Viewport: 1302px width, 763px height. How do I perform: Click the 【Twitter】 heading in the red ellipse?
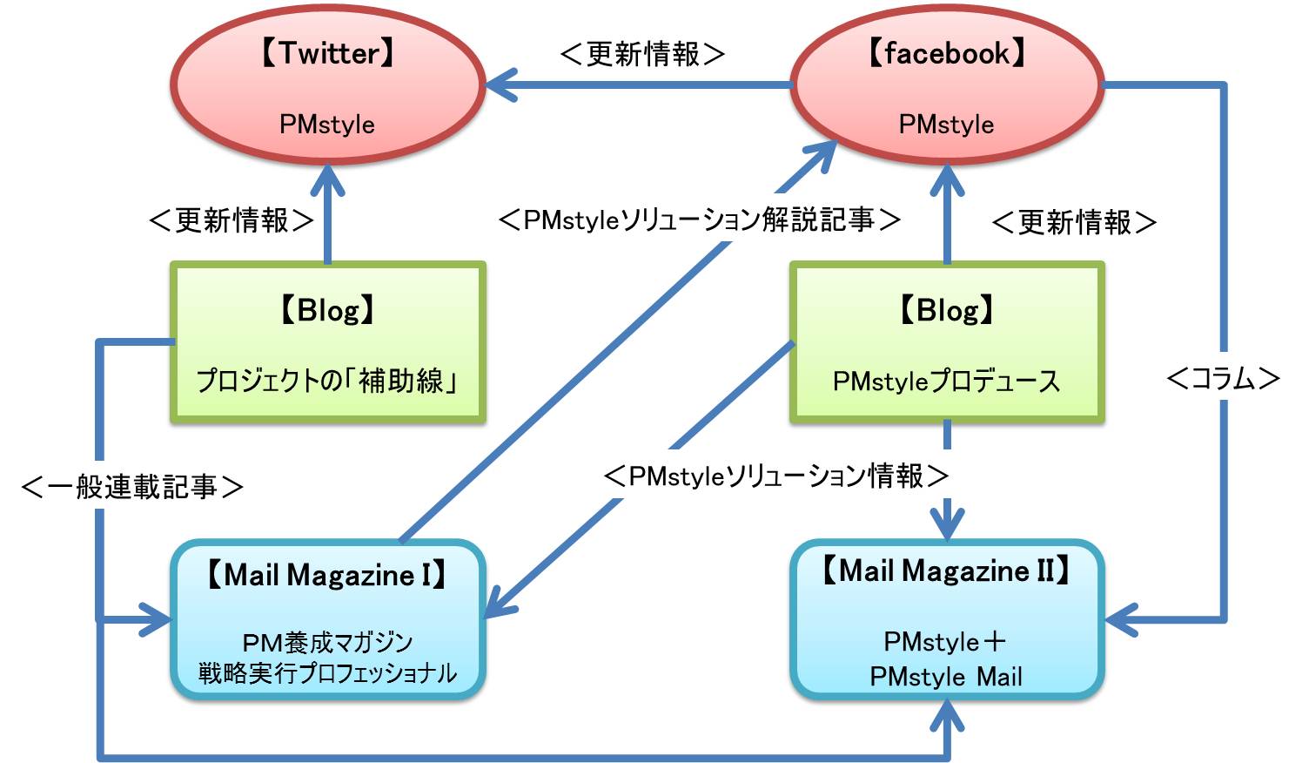click(327, 53)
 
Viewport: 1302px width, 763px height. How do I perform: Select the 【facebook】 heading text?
click(947, 53)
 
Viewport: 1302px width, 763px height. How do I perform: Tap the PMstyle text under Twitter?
click(327, 125)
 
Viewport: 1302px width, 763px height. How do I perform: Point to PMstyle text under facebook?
click(947, 125)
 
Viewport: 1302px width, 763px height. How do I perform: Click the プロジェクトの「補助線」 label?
click(327, 381)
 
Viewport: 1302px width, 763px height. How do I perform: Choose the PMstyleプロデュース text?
click(947, 381)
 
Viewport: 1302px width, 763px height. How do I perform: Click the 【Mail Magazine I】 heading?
click(327, 575)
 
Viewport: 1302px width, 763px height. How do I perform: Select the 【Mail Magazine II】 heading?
click(947, 571)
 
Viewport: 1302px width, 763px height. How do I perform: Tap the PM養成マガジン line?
click(327, 643)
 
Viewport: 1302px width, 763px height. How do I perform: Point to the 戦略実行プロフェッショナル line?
click(327, 673)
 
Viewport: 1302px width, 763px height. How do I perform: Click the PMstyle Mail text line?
click(946, 677)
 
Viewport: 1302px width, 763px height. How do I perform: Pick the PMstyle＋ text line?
click(945, 642)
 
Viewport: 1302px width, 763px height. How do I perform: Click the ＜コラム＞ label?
click(1224, 379)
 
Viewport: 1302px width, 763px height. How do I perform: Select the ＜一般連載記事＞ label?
click(132, 486)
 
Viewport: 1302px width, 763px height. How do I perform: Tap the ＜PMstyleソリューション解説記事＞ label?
click(700, 219)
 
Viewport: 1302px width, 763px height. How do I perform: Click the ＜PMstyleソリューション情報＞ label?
click(776, 476)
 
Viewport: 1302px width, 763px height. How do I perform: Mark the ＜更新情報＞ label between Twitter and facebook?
click(642, 54)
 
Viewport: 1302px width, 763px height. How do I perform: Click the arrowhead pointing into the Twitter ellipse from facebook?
click(500, 85)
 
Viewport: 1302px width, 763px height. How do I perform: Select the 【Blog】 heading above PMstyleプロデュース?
click(947, 310)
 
